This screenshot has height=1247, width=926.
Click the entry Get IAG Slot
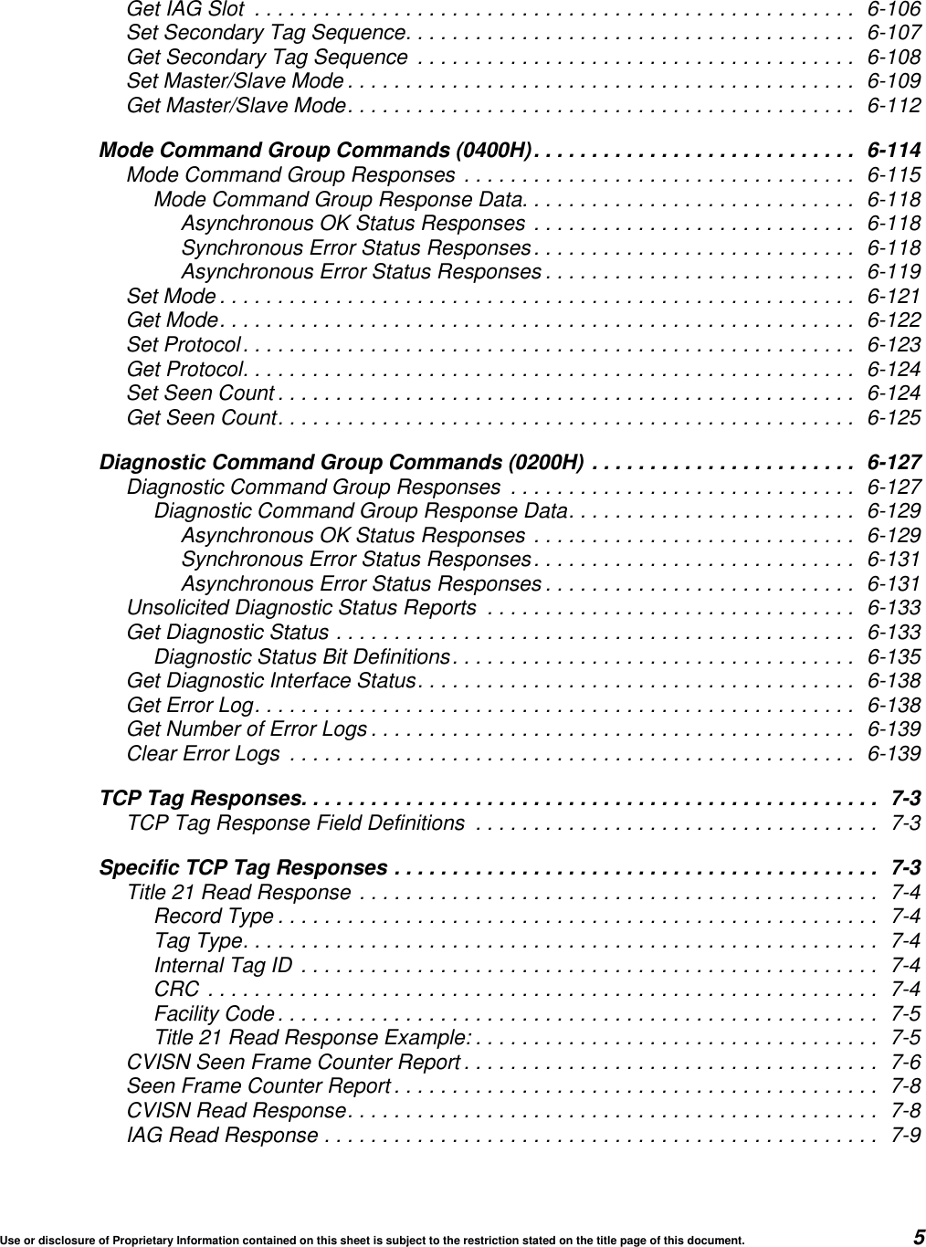click(x=185, y=10)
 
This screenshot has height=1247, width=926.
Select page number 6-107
click(x=893, y=34)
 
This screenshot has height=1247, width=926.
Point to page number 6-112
click(x=893, y=106)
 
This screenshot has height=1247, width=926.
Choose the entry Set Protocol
click(x=184, y=345)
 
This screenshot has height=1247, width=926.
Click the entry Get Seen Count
click(x=202, y=418)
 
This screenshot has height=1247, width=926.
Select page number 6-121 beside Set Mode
click(x=893, y=297)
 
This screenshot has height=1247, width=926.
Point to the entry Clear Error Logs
click(x=204, y=754)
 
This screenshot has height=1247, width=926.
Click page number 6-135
click(x=893, y=657)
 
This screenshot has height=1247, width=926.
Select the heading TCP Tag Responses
click(x=201, y=799)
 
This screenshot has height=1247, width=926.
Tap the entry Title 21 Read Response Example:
click(x=313, y=1038)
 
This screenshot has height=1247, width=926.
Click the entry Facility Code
click(x=214, y=1014)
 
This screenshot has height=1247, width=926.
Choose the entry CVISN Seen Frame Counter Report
click(x=293, y=1063)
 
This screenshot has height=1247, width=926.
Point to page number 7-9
click(x=905, y=1136)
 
